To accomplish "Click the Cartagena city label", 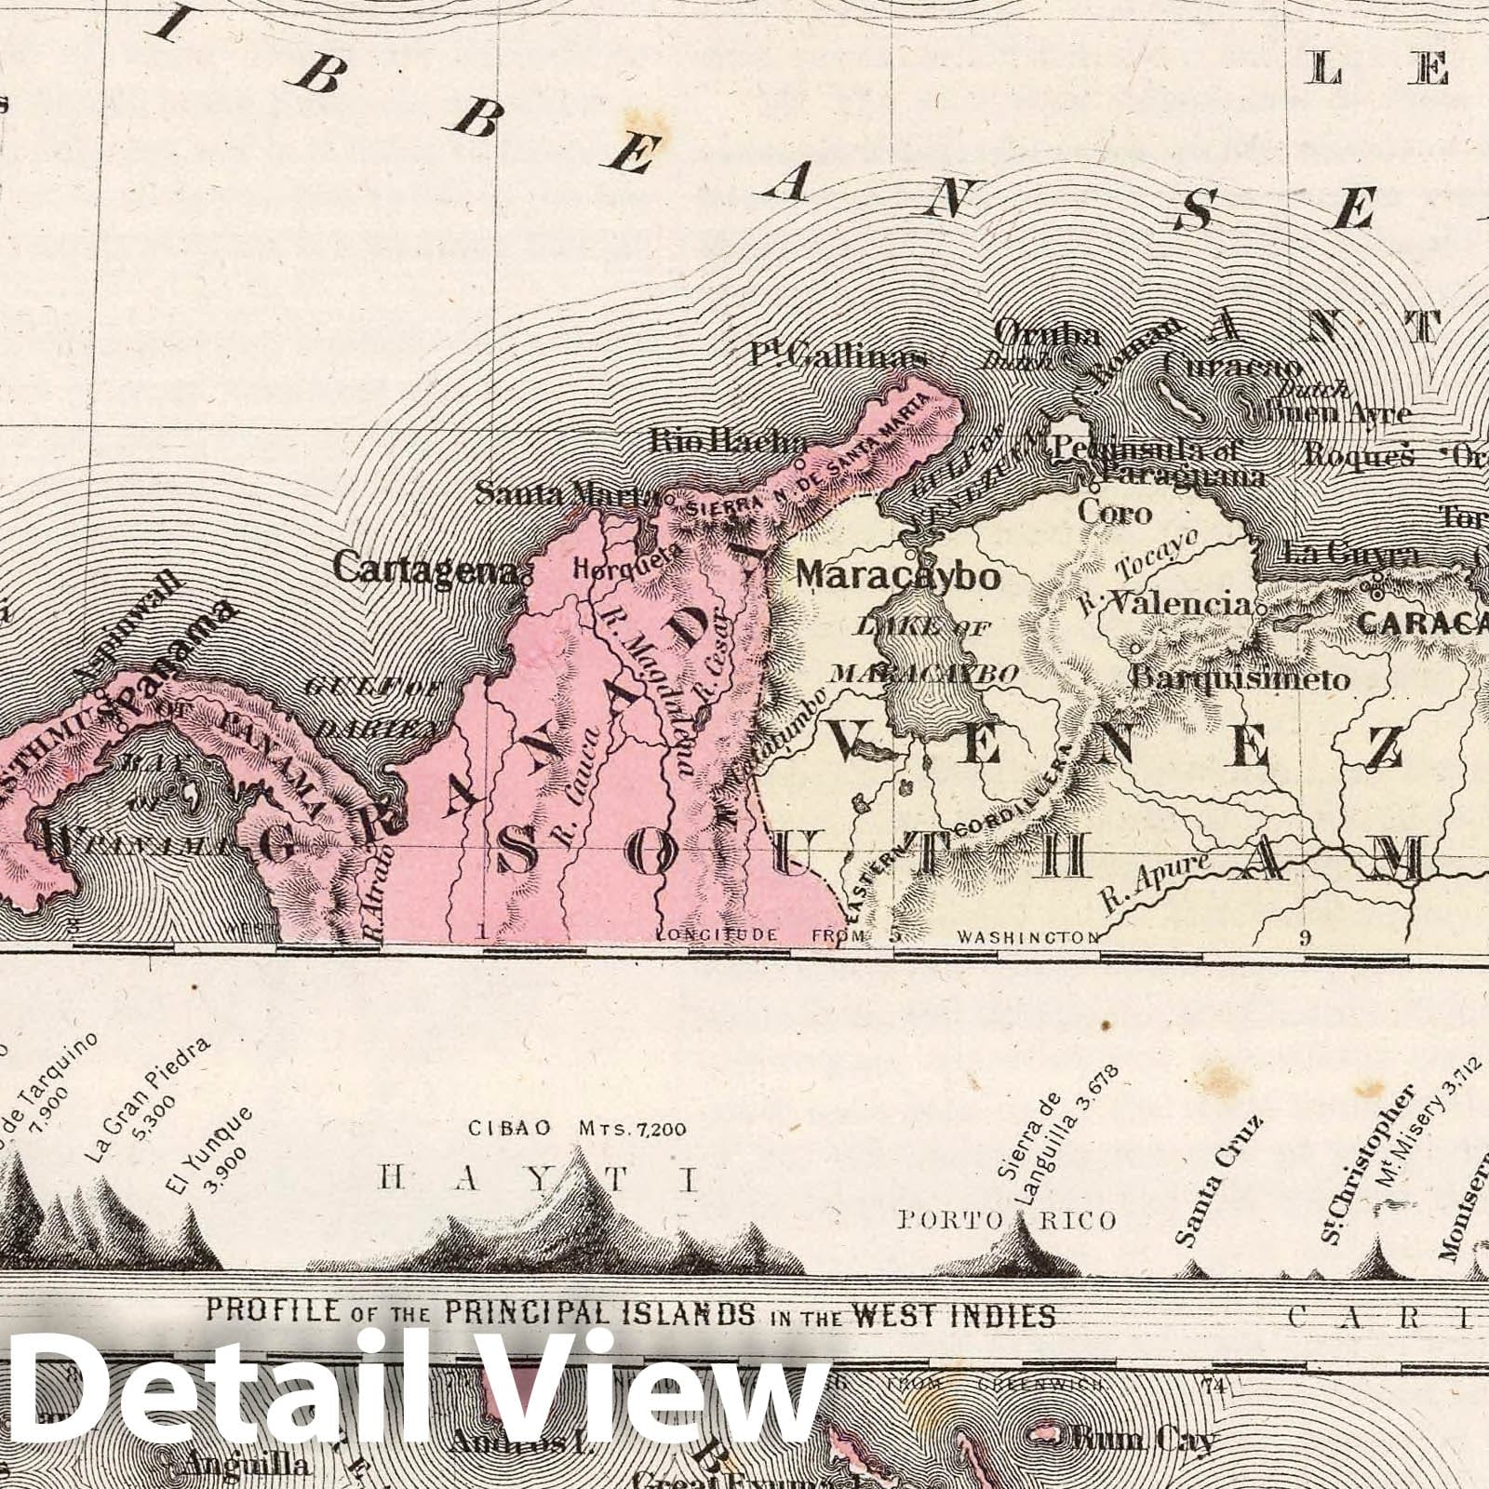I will tap(425, 567).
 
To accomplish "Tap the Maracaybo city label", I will tap(898, 576).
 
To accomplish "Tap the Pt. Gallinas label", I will tap(838, 356).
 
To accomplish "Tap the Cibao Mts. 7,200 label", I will tap(577, 1129).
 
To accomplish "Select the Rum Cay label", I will tap(1144, 1441).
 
